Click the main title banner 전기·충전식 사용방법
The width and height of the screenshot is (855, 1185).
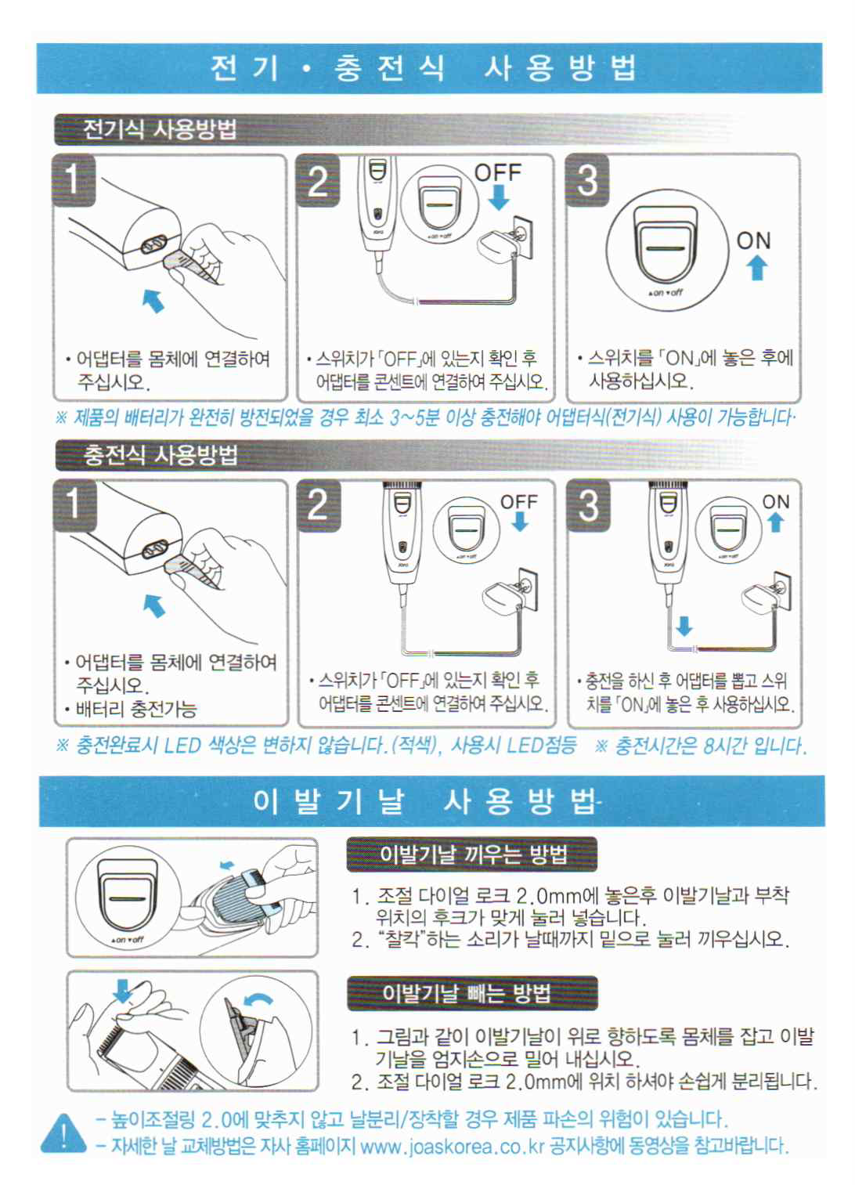pos(429,68)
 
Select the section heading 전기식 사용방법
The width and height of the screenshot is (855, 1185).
pos(160,129)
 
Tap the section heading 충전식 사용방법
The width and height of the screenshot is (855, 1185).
pos(161,455)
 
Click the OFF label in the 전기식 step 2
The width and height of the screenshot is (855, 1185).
pos(497,172)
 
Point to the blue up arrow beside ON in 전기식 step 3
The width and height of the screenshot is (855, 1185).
pos(756,267)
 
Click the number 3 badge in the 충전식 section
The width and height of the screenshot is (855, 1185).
pos(589,505)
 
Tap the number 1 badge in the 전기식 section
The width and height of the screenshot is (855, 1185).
pos(74,180)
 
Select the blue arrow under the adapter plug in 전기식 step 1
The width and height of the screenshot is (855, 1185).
pos(153,300)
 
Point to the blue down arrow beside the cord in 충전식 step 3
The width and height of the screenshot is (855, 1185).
pos(684,626)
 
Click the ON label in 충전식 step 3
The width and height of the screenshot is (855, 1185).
pos(776,501)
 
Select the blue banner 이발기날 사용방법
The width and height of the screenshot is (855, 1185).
pos(431,801)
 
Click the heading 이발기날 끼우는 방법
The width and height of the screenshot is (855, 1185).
pos(473,854)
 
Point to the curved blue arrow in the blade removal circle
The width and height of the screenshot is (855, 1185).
pos(258,1000)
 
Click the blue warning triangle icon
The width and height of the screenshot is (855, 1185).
pos(63,1133)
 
